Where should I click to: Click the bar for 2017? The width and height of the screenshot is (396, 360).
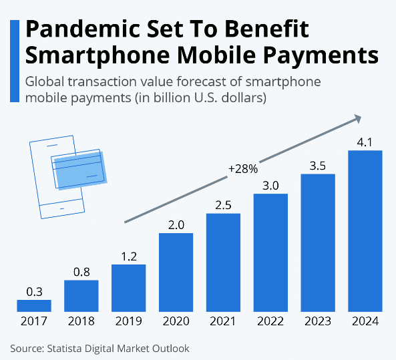34,305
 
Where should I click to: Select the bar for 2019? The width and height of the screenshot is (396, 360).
129,288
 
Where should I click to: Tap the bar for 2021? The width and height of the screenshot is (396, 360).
224,262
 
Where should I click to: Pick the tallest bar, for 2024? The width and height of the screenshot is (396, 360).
365,230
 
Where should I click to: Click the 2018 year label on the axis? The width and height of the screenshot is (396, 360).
81,322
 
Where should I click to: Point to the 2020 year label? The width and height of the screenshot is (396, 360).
176,322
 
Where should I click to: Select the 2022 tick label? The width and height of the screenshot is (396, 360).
270,322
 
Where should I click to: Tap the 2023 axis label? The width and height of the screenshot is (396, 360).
318,322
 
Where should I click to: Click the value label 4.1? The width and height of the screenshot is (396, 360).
365,142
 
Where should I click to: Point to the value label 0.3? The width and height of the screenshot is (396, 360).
34,291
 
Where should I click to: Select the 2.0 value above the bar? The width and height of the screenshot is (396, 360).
176,225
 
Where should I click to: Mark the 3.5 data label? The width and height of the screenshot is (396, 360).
318,166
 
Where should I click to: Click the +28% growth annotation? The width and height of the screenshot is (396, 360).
242,169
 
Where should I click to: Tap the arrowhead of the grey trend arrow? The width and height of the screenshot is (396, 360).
357,119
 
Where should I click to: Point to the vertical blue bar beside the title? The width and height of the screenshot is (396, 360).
15,60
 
